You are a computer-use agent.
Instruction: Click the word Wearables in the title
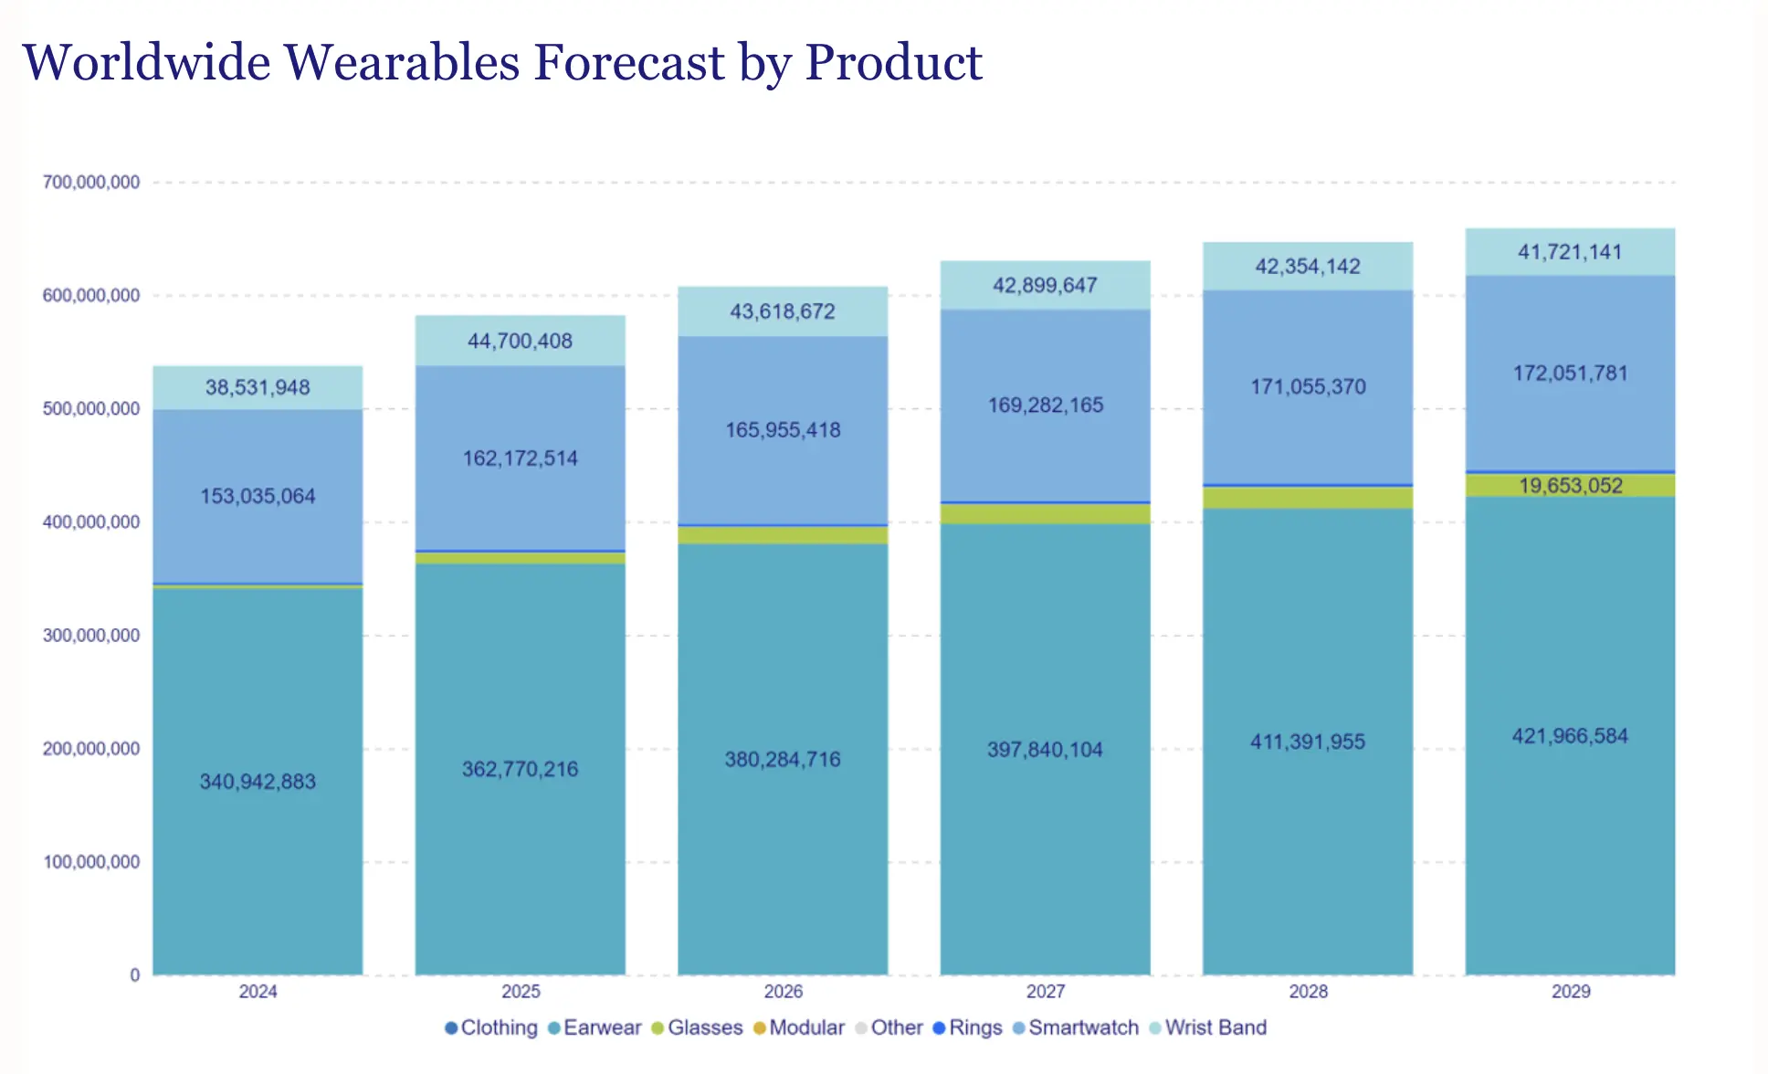pyautogui.click(x=401, y=63)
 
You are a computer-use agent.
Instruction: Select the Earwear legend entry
pyautogui.click(x=595, y=1027)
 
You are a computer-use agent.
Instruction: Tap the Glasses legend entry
pyautogui.click(x=698, y=1027)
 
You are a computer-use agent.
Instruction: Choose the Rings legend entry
pyautogui.click(x=968, y=1027)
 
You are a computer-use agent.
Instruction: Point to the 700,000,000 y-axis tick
pyautogui.click(x=91, y=183)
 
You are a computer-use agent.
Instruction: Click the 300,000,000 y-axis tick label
pyautogui.click(x=91, y=636)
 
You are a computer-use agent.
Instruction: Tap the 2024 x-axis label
pyautogui.click(x=258, y=992)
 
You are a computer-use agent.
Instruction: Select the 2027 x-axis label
pyautogui.click(x=1045, y=992)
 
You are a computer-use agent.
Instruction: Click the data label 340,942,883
pyautogui.click(x=258, y=782)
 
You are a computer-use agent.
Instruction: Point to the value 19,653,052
pyautogui.click(x=1570, y=486)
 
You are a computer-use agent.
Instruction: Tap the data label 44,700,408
pyautogui.click(x=520, y=342)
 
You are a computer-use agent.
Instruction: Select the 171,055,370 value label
pyautogui.click(x=1308, y=387)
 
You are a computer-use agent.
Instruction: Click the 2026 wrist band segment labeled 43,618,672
pyautogui.click(x=783, y=311)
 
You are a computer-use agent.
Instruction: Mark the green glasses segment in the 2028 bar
pyautogui.click(x=1308, y=498)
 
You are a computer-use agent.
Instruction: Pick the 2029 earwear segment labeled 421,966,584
pyautogui.click(x=1570, y=736)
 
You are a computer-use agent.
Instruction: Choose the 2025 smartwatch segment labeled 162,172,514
pyautogui.click(x=520, y=458)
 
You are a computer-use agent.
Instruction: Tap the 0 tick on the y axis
pyautogui.click(x=135, y=975)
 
